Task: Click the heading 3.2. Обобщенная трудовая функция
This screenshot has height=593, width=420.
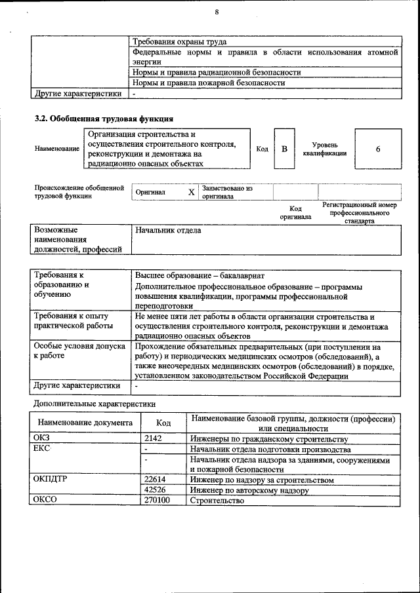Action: click(104, 119)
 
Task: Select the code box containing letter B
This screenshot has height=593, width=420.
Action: click(284, 149)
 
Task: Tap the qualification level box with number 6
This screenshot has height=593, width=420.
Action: click(378, 149)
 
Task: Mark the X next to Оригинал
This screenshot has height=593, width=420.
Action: click(191, 192)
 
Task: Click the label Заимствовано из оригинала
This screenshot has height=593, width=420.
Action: click(227, 192)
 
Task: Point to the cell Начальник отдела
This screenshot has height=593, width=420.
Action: click(168, 231)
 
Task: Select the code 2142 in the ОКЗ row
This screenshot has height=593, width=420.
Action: click(153, 438)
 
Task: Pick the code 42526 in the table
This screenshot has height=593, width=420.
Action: click(155, 490)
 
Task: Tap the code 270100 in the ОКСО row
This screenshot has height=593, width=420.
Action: click(157, 501)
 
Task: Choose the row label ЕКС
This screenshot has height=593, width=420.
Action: click(41, 449)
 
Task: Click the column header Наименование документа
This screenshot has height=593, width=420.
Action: click(85, 423)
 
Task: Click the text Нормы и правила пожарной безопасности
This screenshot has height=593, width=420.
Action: click(209, 83)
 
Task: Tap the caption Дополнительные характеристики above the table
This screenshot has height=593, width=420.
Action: click(94, 404)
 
